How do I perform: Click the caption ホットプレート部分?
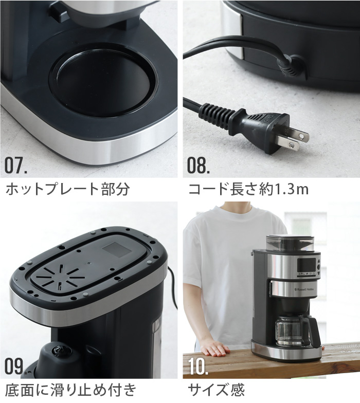coord(67,189)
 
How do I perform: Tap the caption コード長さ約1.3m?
coord(248,189)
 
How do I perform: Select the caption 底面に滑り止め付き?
coord(70,390)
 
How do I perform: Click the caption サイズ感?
coord(216,390)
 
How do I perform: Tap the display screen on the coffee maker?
coord(307,265)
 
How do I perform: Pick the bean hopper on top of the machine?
coord(291,243)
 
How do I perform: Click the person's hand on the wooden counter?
coord(215,349)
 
